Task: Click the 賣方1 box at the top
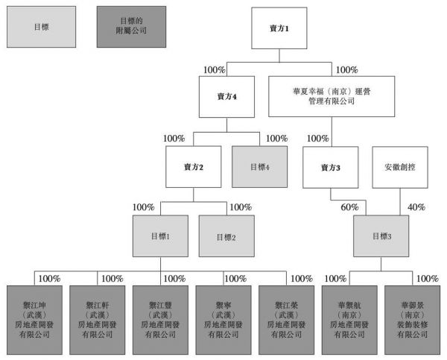point(279,28)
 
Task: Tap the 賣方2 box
point(194,167)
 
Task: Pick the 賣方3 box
point(331,167)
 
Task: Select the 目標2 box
point(226,237)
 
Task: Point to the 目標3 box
point(381,237)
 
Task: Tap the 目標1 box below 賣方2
point(160,237)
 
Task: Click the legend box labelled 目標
point(41,28)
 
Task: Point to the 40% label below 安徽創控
point(416,207)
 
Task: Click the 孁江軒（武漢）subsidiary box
point(97,315)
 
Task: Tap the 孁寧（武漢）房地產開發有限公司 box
point(223,315)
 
